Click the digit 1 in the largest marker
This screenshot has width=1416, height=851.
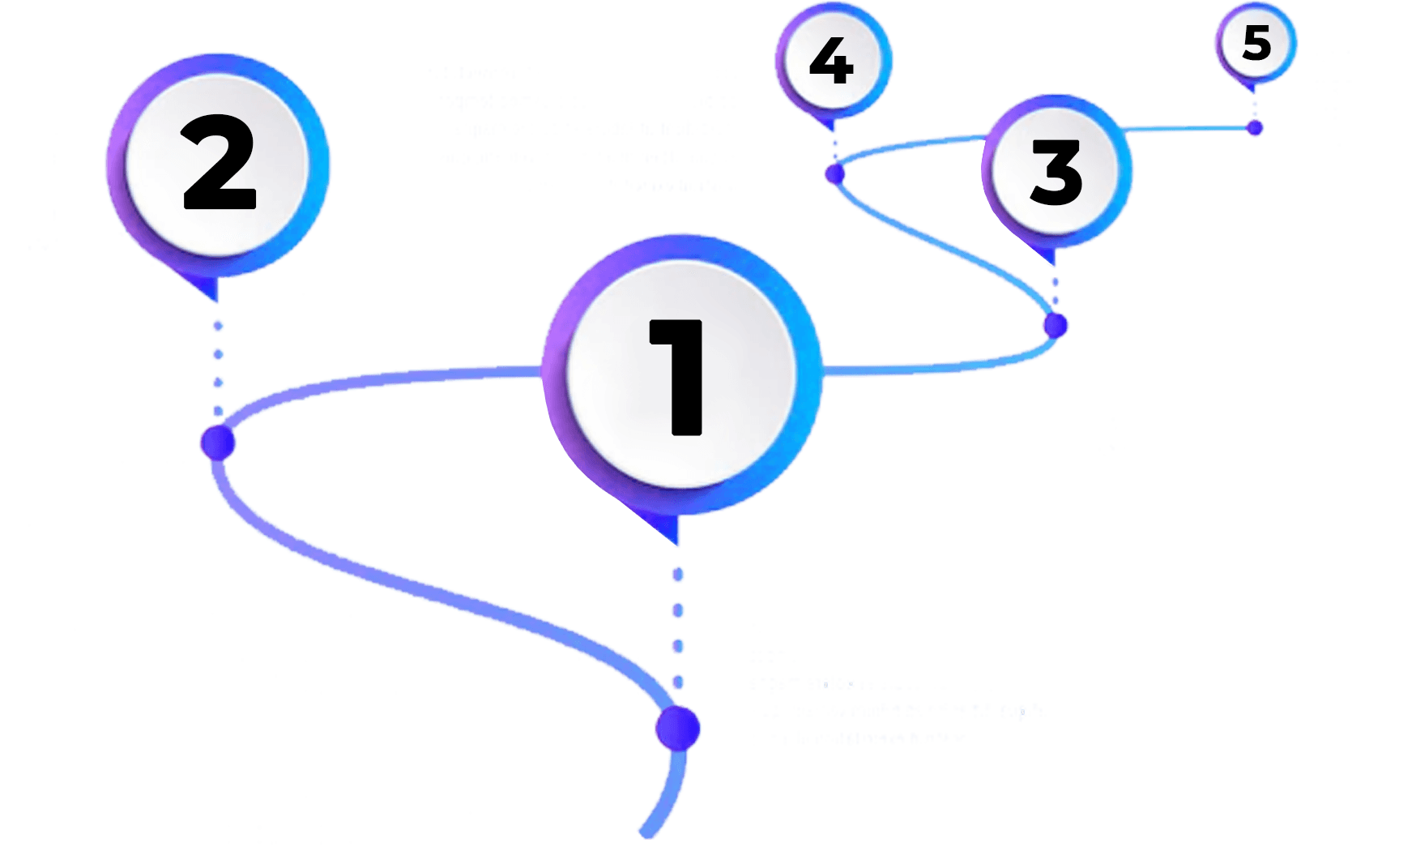[x=676, y=377]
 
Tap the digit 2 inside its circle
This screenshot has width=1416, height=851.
[x=220, y=163]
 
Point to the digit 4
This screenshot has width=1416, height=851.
[x=832, y=62]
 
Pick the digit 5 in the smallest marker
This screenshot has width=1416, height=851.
[x=1256, y=43]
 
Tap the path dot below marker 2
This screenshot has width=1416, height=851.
[x=218, y=443]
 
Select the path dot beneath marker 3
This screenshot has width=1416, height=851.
[x=1056, y=325]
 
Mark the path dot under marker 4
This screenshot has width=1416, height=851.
[x=835, y=173]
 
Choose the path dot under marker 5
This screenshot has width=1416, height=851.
[x=1255, y=127]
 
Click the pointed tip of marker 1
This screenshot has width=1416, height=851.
[x=677, y=545]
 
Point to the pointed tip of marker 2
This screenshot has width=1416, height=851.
[x=217, y=301]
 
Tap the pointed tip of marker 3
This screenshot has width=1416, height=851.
[x=1055, y=266]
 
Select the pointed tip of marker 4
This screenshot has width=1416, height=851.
[x=834, y=132]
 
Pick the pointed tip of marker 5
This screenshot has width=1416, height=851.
[x=1255, y=90]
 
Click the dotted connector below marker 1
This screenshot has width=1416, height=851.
[x=678, y=628]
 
